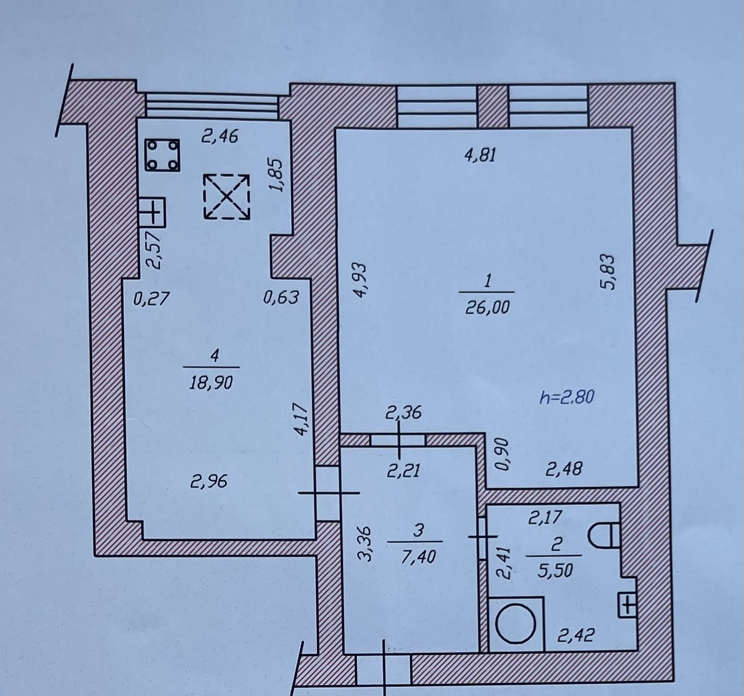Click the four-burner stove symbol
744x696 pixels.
[162, 155]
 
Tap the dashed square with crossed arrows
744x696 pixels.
[227, 196]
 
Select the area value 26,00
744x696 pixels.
[487, 308]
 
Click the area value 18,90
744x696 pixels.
[211, 382]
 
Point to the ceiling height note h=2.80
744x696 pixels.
[567, 396]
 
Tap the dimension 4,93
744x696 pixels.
[360, 280]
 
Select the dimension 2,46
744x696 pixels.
[220, 137]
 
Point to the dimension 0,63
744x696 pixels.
[281, 297]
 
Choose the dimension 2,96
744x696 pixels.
[209, 482]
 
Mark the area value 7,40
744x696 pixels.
[418, 556]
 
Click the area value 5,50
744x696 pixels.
[555, 570]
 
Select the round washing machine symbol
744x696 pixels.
[516, 623]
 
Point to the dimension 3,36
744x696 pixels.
[366, 544]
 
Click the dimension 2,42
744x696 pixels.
[576, 635]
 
